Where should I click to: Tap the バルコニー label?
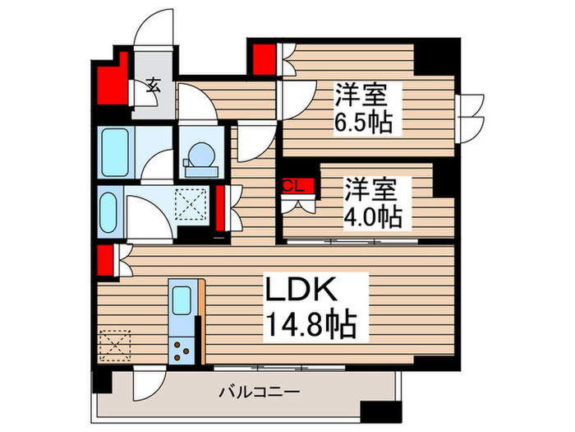point(259,392)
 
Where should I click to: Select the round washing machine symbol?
point(200,155)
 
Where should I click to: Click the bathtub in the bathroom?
point(113,152)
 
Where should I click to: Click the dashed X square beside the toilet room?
point(194,202)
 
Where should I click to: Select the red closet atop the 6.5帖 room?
point(264,60)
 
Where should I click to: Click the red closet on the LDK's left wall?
point(104,259)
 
